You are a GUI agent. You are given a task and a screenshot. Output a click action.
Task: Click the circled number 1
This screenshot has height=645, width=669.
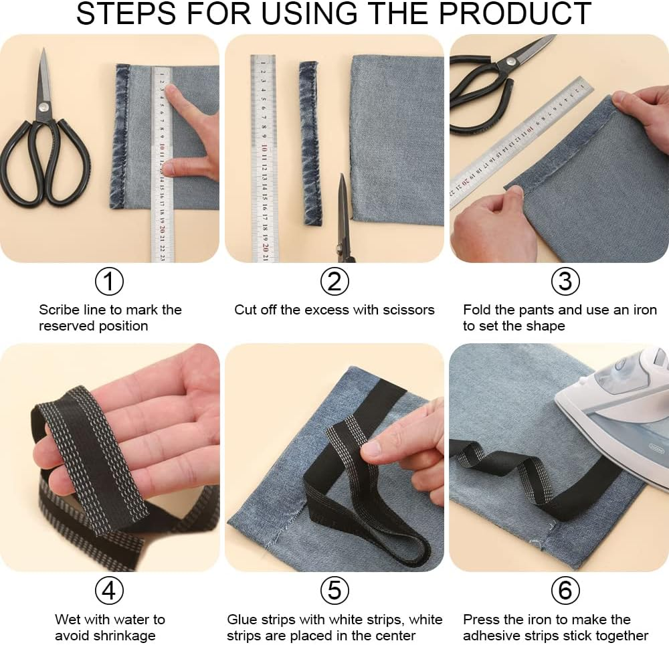pyautogui.click(x=110, y=282)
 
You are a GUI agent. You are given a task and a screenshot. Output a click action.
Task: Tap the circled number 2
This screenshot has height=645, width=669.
pyautogui.click(x=334, y=282)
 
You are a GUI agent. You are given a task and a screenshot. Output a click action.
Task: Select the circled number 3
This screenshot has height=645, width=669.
pyautogui.click(x=565, y=282)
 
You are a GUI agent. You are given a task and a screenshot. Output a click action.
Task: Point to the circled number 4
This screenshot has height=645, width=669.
pyautogui.click(x=110, y=590)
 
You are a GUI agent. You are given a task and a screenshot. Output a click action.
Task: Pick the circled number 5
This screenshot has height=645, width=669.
pyautogui.click(x=334, y=590)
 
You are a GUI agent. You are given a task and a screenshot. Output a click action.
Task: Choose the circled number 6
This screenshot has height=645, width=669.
pyautogui.click(x=565, y=590)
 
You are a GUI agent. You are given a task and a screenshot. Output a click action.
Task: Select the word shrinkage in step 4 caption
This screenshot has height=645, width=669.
pyautogui.click(x=124, y=636)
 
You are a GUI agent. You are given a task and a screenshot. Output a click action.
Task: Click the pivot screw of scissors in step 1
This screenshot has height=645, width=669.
pyautogui.click(x=44, y=105)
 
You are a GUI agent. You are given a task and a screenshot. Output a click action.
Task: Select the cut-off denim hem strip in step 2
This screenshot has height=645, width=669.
pyautogui.click(x=310, y=142)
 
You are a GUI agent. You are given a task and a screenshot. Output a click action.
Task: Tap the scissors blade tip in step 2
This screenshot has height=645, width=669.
pyautogui.click(x=342, y=178)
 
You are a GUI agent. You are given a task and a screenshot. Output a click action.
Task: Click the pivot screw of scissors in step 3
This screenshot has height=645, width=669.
pyautogui.click(x=511, y=62)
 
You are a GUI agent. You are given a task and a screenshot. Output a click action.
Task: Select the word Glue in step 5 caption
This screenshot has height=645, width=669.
pyautogui.click(x=242, y=620)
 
